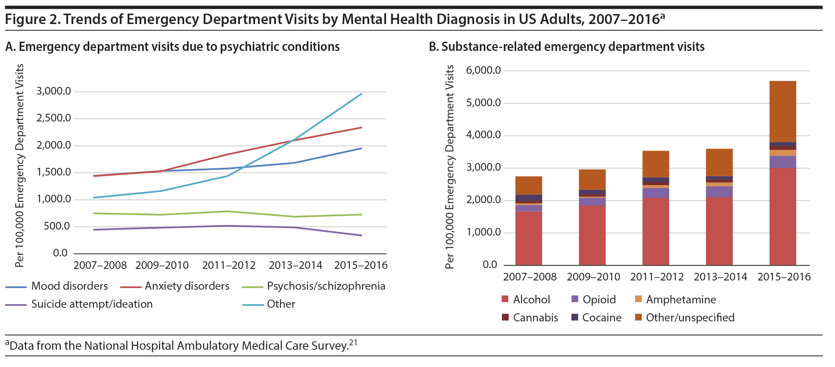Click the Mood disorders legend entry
click(69, 286)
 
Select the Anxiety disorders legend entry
click(187, 286)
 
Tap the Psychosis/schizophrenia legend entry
click(326, 286)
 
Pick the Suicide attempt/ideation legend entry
click(92, 304)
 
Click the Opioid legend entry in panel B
click(599, 300)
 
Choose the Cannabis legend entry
click(535, 318)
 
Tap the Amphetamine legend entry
click(680, 300)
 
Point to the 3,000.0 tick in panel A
click(54, 91)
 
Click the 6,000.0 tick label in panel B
click(483, 71)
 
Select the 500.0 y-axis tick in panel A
click(56, 226)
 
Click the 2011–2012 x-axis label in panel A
click(229, 265)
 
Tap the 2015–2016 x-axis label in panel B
click(784, 277)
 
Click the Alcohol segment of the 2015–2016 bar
click(783, 216)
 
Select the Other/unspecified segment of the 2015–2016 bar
click(783, 111)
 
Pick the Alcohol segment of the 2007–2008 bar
click(529, 238)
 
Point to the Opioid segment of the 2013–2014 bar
click(719, 192)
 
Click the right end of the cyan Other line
click(361, 94)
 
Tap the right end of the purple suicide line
click(361, 235)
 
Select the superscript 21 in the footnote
click(353, 342)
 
